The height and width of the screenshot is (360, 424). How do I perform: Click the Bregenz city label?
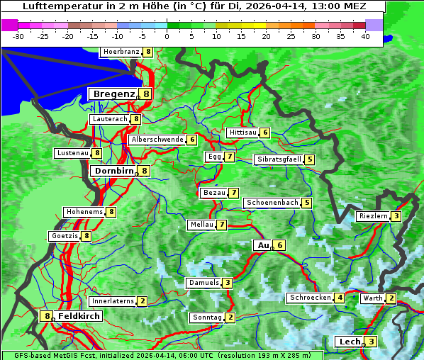tap(113, 94)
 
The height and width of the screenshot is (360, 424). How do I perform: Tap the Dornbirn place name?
tap(113, 171)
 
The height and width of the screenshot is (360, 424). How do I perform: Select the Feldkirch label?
tap(79, 316)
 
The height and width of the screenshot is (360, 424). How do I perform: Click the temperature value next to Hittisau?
tap(265, 133)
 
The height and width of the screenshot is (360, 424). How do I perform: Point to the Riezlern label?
tap(373, 216)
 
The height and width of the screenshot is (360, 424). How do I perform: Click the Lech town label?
tap(349, 342)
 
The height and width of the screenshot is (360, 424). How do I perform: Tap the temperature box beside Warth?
tap(391, 298)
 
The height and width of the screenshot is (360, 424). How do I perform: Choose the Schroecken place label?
tap(311, 298)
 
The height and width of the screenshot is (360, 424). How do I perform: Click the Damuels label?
tap(203, 283)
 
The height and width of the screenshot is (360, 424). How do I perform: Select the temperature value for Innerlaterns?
tap(143, 301)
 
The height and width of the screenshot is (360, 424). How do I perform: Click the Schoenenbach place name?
tap(272, 203)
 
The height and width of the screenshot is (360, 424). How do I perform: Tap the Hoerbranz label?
tap(121, 52)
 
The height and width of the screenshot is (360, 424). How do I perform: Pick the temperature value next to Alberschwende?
tap(192, 140)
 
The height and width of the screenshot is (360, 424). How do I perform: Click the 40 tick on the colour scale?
tap(364, 35)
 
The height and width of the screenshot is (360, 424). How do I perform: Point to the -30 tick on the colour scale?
tap(18, 35)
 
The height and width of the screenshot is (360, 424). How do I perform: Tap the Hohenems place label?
tap(84, 211)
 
